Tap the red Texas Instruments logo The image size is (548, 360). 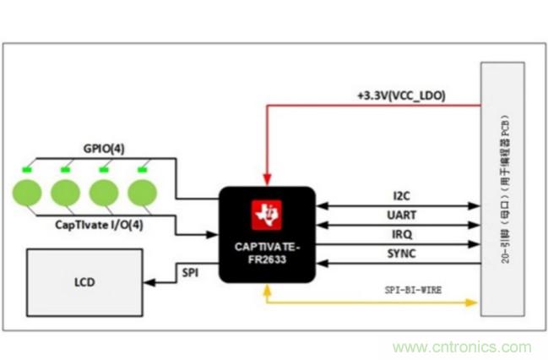(x=267, y=215)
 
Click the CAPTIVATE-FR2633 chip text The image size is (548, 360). (x=267, y=252)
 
